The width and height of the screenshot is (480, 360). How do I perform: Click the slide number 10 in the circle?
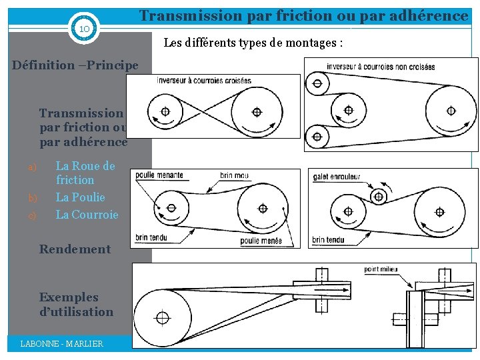84,30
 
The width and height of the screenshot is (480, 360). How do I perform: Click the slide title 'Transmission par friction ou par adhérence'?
303,15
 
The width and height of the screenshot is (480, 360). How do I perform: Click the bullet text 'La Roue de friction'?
85,173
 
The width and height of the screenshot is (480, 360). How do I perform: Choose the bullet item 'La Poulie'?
80,197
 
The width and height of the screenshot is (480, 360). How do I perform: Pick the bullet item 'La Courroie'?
87,215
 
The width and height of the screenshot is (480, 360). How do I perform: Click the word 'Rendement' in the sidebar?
75,249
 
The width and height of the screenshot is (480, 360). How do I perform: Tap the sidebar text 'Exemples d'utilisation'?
76,305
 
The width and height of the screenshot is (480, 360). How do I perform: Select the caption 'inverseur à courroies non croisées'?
381,67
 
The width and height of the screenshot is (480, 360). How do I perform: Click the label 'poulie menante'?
159,176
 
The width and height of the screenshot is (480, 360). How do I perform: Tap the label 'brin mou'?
234,176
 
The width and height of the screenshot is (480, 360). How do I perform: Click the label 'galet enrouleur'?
337,177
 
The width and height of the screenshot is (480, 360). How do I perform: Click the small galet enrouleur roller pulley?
379,195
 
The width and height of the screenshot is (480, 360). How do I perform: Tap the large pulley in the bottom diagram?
161,315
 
